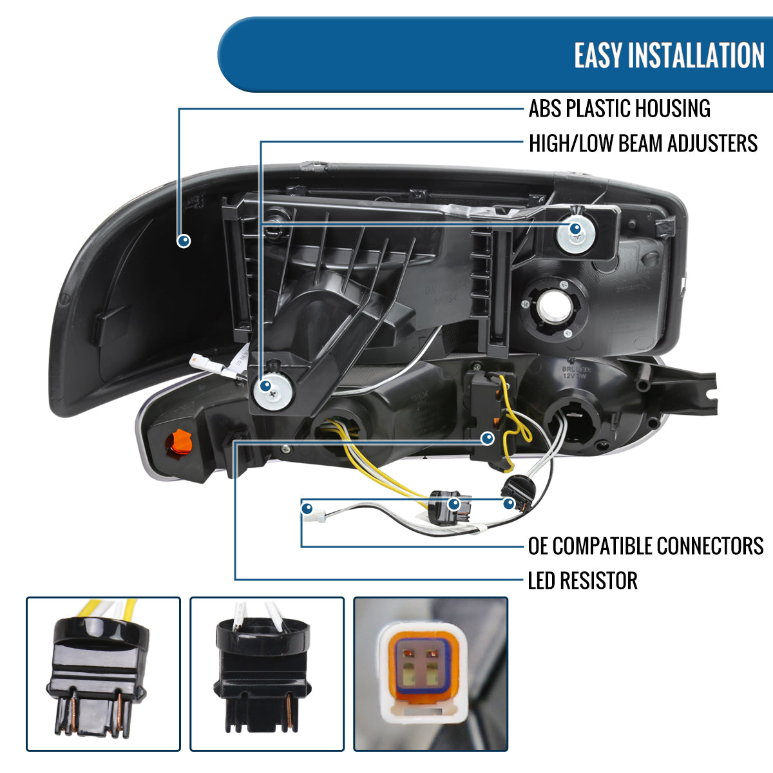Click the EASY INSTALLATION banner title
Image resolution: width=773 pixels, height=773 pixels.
tap(669, 55)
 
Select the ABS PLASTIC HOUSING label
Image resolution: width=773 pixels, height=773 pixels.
tap(619, 109)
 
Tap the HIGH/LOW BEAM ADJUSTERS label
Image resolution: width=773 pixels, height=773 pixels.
tap(642, 143)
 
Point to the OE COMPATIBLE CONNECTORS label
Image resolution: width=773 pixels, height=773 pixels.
tap(645, 546)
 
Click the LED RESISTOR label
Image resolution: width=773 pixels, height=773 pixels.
tap(582, 580)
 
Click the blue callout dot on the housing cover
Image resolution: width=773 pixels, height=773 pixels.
tap(184, 241)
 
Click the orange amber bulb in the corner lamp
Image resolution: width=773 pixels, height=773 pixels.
tap(179, 444)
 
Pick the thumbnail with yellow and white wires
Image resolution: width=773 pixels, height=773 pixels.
tap(103, 674)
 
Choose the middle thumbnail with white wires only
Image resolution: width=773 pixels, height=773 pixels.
tap(267, 674)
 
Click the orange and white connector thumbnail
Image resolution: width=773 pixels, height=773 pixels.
tap(430, 674)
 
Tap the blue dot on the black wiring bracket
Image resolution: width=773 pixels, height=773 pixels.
tap(488, 439)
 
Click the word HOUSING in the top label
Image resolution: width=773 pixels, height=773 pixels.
tap(669, 109)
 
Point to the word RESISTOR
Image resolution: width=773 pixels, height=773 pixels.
tap(598, 580)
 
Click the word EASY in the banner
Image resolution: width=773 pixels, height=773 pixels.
tap(597, 55)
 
